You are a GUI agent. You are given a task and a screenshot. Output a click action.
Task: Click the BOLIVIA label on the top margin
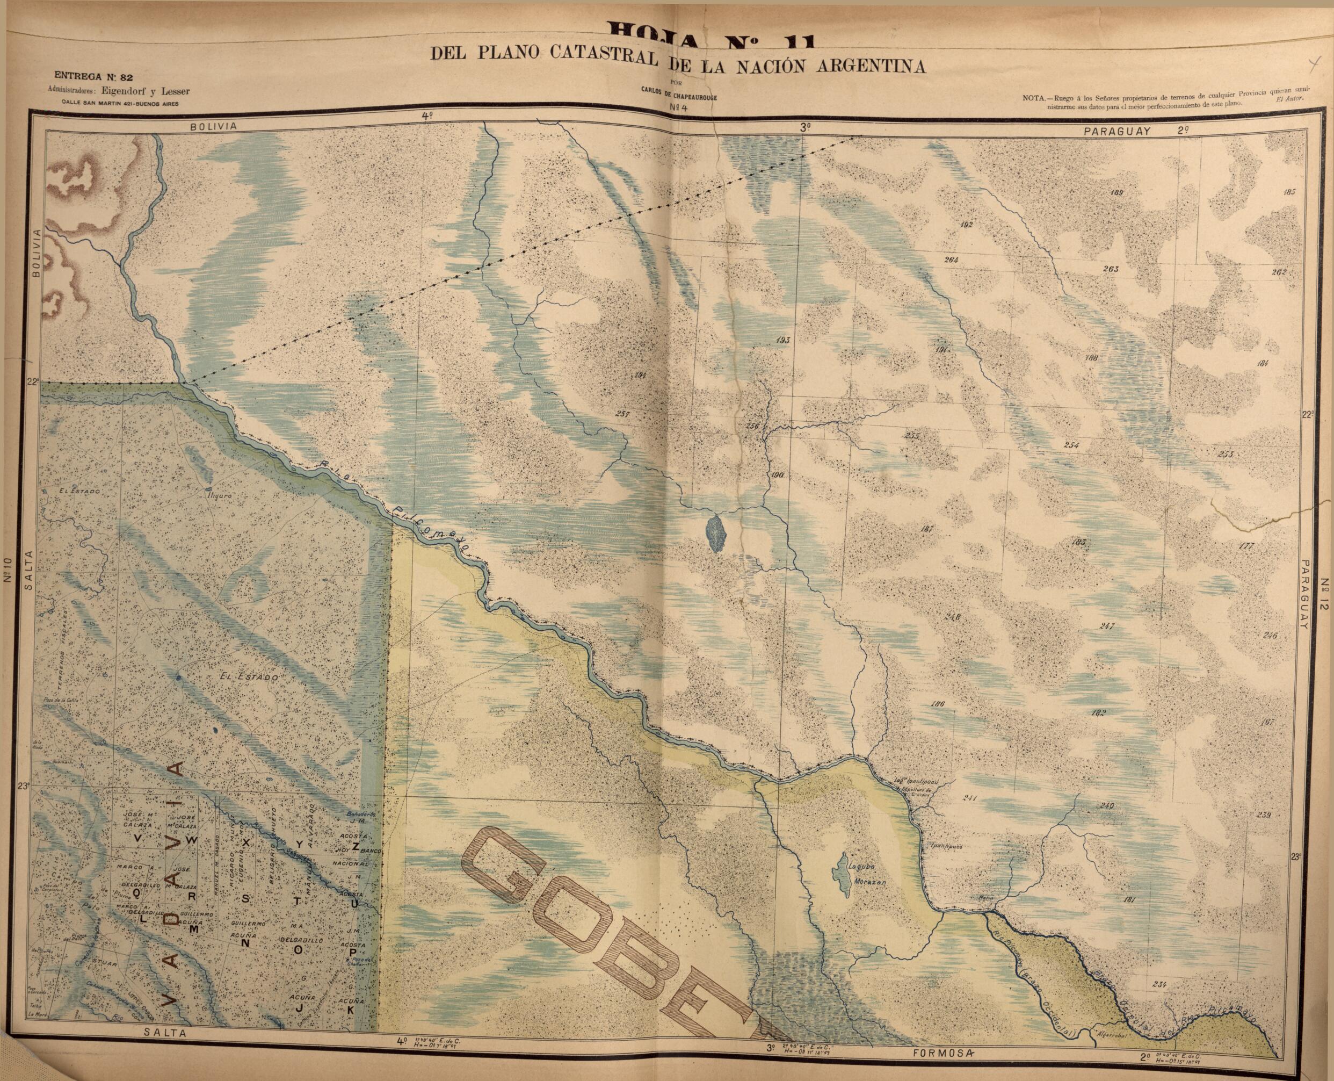tap(215, 126)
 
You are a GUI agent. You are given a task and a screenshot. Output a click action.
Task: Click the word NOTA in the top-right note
tap(1035, 98)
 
